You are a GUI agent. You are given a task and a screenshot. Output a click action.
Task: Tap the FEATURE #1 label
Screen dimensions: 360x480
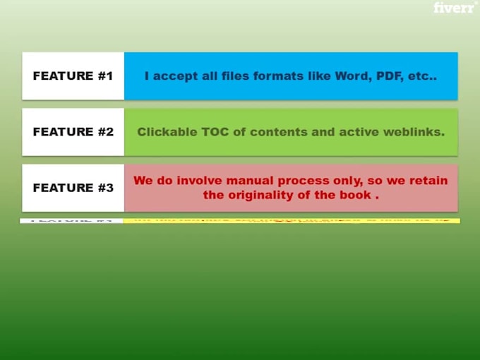[x=73, y=76]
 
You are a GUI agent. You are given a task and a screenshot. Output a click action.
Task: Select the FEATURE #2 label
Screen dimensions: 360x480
[x=73, y=131]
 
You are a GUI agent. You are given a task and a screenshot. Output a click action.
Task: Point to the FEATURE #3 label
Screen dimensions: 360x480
[x=73, y=188]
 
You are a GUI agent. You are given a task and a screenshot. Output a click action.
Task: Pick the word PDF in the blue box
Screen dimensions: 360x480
[x=387, y=76]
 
